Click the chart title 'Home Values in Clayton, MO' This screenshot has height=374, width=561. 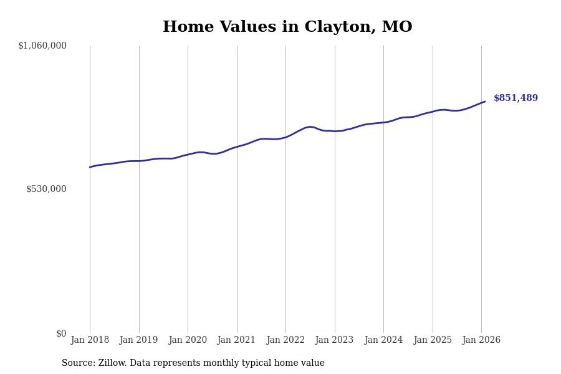tap(287, 27)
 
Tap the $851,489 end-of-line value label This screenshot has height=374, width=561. tap(515, 98)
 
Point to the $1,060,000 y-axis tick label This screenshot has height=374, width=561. tap(42, 46)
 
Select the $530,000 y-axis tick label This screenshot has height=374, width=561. tap(46, 189)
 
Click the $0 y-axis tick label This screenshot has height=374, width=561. tap(61, 333)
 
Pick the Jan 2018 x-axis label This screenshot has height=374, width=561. tap(90, 340)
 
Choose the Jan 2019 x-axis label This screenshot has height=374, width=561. tap(139, 340)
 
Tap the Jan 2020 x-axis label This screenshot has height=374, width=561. tap(188, 340)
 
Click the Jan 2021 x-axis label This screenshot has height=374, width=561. tap(237, 340)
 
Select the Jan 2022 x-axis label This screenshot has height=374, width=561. tap(285, 340)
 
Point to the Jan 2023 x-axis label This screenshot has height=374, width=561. tap(335, 340)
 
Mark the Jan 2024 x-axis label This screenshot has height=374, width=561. tap(383, 340)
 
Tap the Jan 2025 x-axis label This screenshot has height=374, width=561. tap(433, 340)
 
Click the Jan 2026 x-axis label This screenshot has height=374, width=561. tap(481, 340)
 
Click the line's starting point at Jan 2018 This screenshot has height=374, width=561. tap(90, 167)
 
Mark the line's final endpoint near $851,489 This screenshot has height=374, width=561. tap(485, 102)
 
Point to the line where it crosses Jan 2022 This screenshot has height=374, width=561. tap(285, 137)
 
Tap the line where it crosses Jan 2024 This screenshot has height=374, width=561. tap(383, 122)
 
